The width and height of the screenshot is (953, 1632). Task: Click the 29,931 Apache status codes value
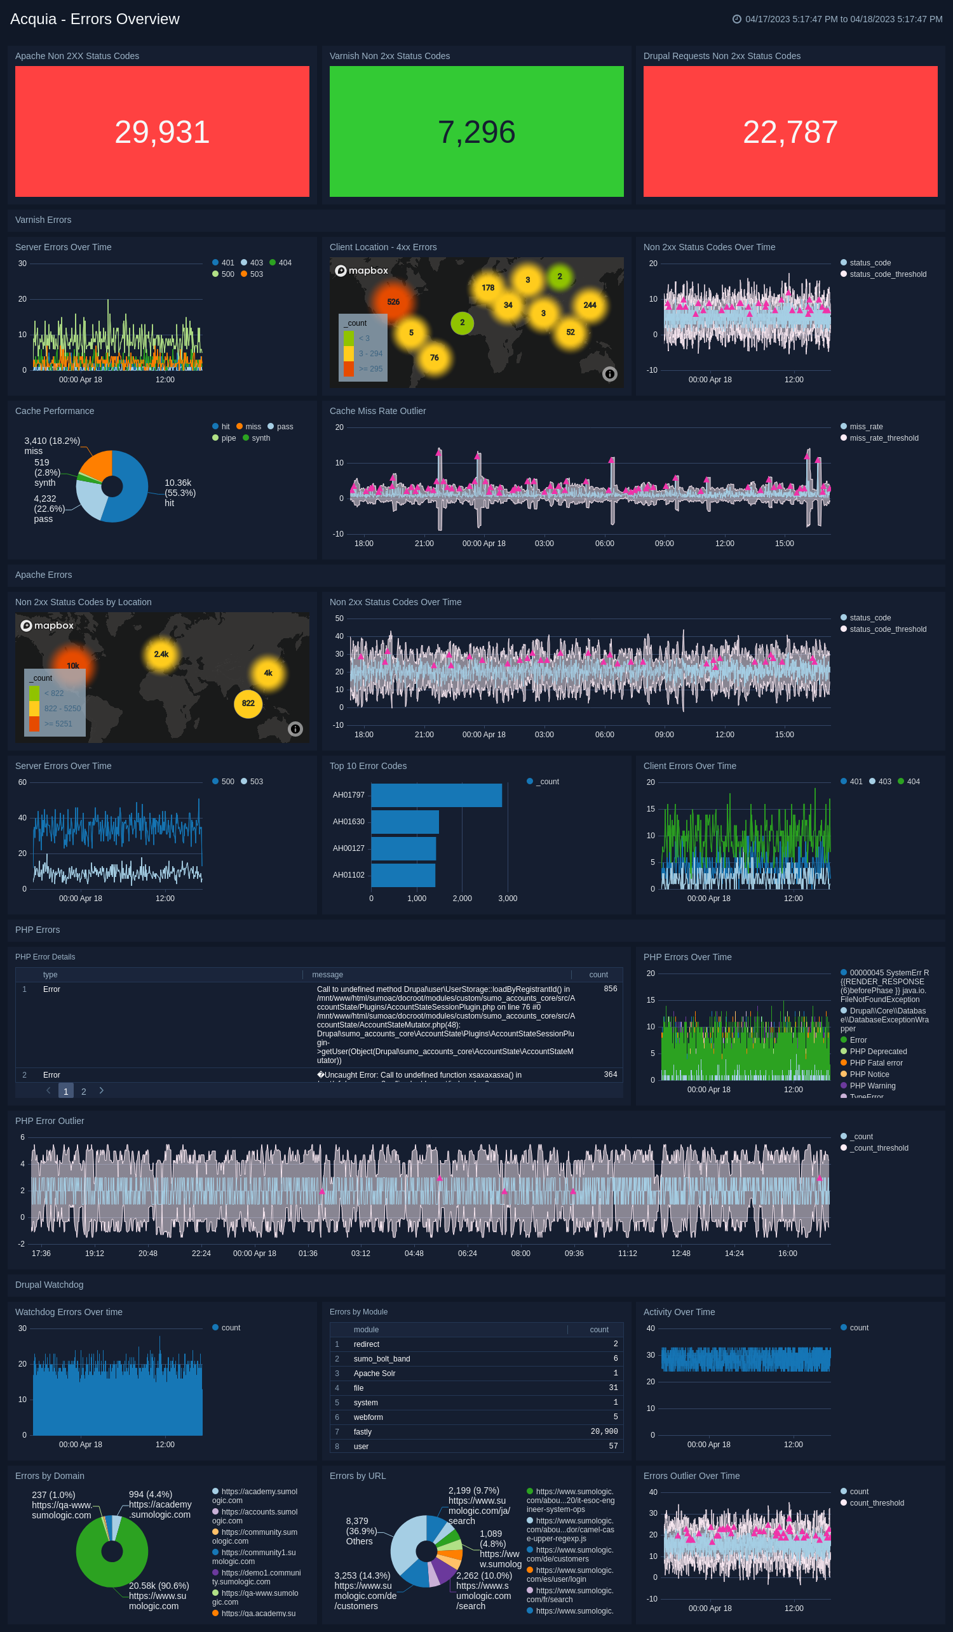tap(162, 132)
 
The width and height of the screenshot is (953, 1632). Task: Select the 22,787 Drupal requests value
tap(790, 132)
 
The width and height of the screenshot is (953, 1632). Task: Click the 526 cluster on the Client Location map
tap(393, 302)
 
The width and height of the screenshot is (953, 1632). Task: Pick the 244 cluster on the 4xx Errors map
tap(590, 305)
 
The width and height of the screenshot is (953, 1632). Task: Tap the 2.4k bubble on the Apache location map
tap(161, 654)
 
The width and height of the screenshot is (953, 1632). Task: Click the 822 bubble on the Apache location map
tap(248, 704)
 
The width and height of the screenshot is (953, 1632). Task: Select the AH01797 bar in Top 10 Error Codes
tap(436, 795)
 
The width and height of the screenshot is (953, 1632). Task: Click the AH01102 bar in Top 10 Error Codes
tap(403, 875)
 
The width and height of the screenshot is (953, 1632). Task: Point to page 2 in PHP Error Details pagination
tap(84, 1091)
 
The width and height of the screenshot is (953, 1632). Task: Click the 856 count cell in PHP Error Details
tap(610, 989)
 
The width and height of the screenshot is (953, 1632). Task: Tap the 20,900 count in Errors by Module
tap(604, 1431)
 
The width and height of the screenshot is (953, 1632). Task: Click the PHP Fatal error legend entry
tap(875, 1063)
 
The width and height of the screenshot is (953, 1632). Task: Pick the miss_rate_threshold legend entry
tap(884, 438)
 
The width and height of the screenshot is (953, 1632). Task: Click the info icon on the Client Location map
tap(610, 373)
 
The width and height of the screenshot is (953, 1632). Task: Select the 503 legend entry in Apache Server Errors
tap(256, 782)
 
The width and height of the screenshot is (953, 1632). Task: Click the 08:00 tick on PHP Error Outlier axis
tap(521, 1253)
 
